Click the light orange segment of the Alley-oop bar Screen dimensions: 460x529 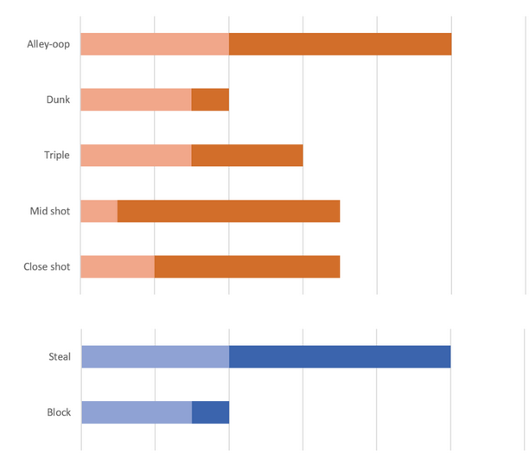[155, 44]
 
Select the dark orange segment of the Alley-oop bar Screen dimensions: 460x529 [340, 44]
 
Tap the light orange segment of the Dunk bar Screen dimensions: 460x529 [136, 99]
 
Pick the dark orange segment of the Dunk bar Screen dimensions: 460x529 [210, 99]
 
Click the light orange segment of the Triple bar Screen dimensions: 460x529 [136, 155]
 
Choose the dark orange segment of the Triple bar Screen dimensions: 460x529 [247, 155]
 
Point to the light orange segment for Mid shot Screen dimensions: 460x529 [99, 211]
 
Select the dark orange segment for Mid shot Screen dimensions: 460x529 [228, 211]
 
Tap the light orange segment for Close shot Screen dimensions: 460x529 [118, 266]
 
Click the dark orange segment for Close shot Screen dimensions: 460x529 [247, 266]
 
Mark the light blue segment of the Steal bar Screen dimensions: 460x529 [155, 356]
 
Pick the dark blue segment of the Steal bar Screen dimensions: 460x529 [340, 356]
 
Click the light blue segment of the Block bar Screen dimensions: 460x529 [137, 412]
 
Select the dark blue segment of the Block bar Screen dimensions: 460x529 [210, 412]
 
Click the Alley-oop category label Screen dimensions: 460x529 [48, 44]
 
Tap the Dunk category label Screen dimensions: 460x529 [58, 99]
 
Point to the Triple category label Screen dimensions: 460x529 [57, 156]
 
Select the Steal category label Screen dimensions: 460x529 [60, 356]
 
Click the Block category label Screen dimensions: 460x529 [59, 412]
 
